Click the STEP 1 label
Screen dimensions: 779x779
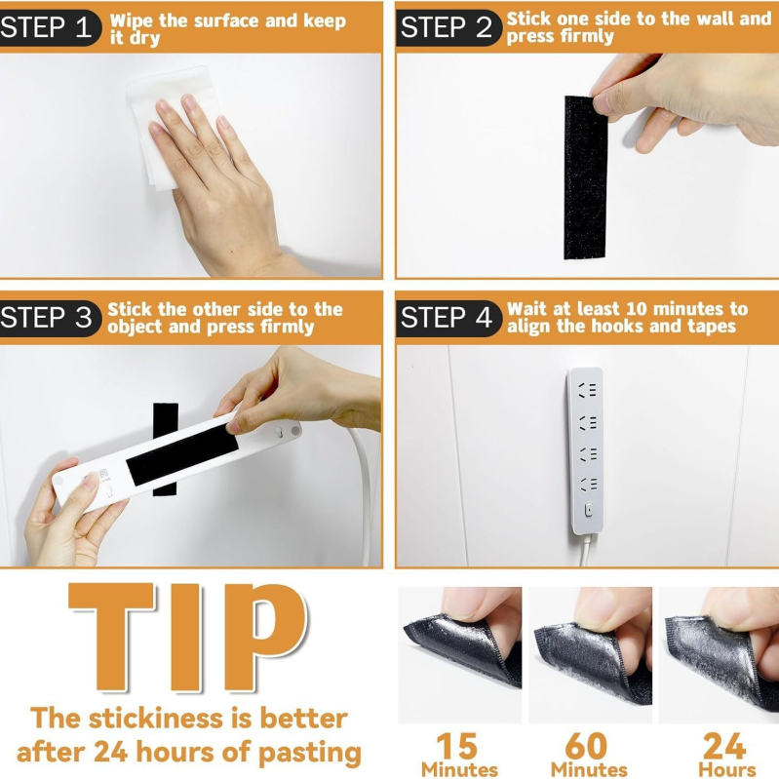(x=46, y=27)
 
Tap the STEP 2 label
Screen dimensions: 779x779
(x=448, y=27)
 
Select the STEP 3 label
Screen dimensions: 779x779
(x=46, y=318)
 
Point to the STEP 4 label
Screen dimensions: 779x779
(x=448, y=318)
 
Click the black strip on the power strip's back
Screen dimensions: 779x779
(x=181, y=454)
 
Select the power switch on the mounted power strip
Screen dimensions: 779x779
(x=588, y=510)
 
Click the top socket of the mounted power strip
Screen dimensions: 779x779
(x=587, y=390)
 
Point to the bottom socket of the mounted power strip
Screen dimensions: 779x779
(x=587, y=484)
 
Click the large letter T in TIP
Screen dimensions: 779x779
(x=112, y=637)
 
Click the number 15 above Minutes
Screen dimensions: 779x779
(x=456, y=746)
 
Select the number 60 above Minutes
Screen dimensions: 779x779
(x=586, y=746)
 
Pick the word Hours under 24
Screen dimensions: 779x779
(x=726, y=769)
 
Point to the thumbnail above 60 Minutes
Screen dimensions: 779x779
(x=590, y=655)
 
